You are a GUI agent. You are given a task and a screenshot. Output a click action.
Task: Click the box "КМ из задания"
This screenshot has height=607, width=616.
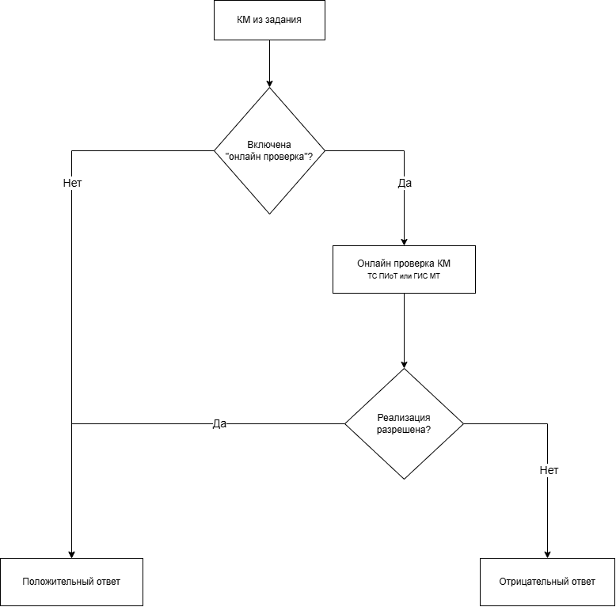tap(269, 20)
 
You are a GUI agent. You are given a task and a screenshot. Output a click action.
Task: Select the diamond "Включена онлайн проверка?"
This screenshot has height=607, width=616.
tap(269, 151)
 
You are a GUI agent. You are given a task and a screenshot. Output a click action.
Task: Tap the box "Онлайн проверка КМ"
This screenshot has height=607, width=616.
tap(404, 269)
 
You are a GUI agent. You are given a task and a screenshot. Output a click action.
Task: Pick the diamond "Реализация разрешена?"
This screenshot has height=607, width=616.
tap(405, 423)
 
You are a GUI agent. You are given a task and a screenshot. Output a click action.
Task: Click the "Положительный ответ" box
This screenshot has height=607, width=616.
tap(71, 582)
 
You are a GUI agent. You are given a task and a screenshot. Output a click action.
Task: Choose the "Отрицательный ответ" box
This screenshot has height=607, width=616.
tap(547, 582)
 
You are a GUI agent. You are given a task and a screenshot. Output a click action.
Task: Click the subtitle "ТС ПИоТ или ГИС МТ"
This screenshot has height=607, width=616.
tap(404, 276)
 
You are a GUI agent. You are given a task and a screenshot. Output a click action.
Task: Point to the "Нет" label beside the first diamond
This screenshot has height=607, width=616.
tap(72, 183)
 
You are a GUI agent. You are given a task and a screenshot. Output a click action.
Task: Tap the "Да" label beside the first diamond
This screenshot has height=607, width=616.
tap(405, 183)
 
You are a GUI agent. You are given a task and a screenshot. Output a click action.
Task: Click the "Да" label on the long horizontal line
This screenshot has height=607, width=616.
tap(219, 423)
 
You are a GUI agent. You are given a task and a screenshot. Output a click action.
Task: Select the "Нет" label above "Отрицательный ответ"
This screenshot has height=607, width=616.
tap(549, 470)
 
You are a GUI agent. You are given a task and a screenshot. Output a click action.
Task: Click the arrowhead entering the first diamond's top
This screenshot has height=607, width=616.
tap(269, 84)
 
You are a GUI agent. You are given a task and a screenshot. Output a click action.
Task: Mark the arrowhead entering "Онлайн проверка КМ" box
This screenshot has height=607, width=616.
tap(405, 242)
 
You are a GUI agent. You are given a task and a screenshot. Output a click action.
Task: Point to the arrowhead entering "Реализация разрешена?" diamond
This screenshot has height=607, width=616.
tap(405, 364)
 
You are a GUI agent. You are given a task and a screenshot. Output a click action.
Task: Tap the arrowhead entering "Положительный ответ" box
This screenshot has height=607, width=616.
tap(71, 555)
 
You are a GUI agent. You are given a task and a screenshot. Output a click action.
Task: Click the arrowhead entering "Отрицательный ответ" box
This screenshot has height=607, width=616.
tap(547, 555)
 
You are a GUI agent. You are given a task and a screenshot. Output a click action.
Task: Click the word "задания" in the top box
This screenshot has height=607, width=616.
tap(283, 20)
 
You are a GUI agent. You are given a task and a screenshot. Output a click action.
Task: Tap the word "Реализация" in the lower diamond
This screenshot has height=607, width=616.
tap(404, 418)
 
